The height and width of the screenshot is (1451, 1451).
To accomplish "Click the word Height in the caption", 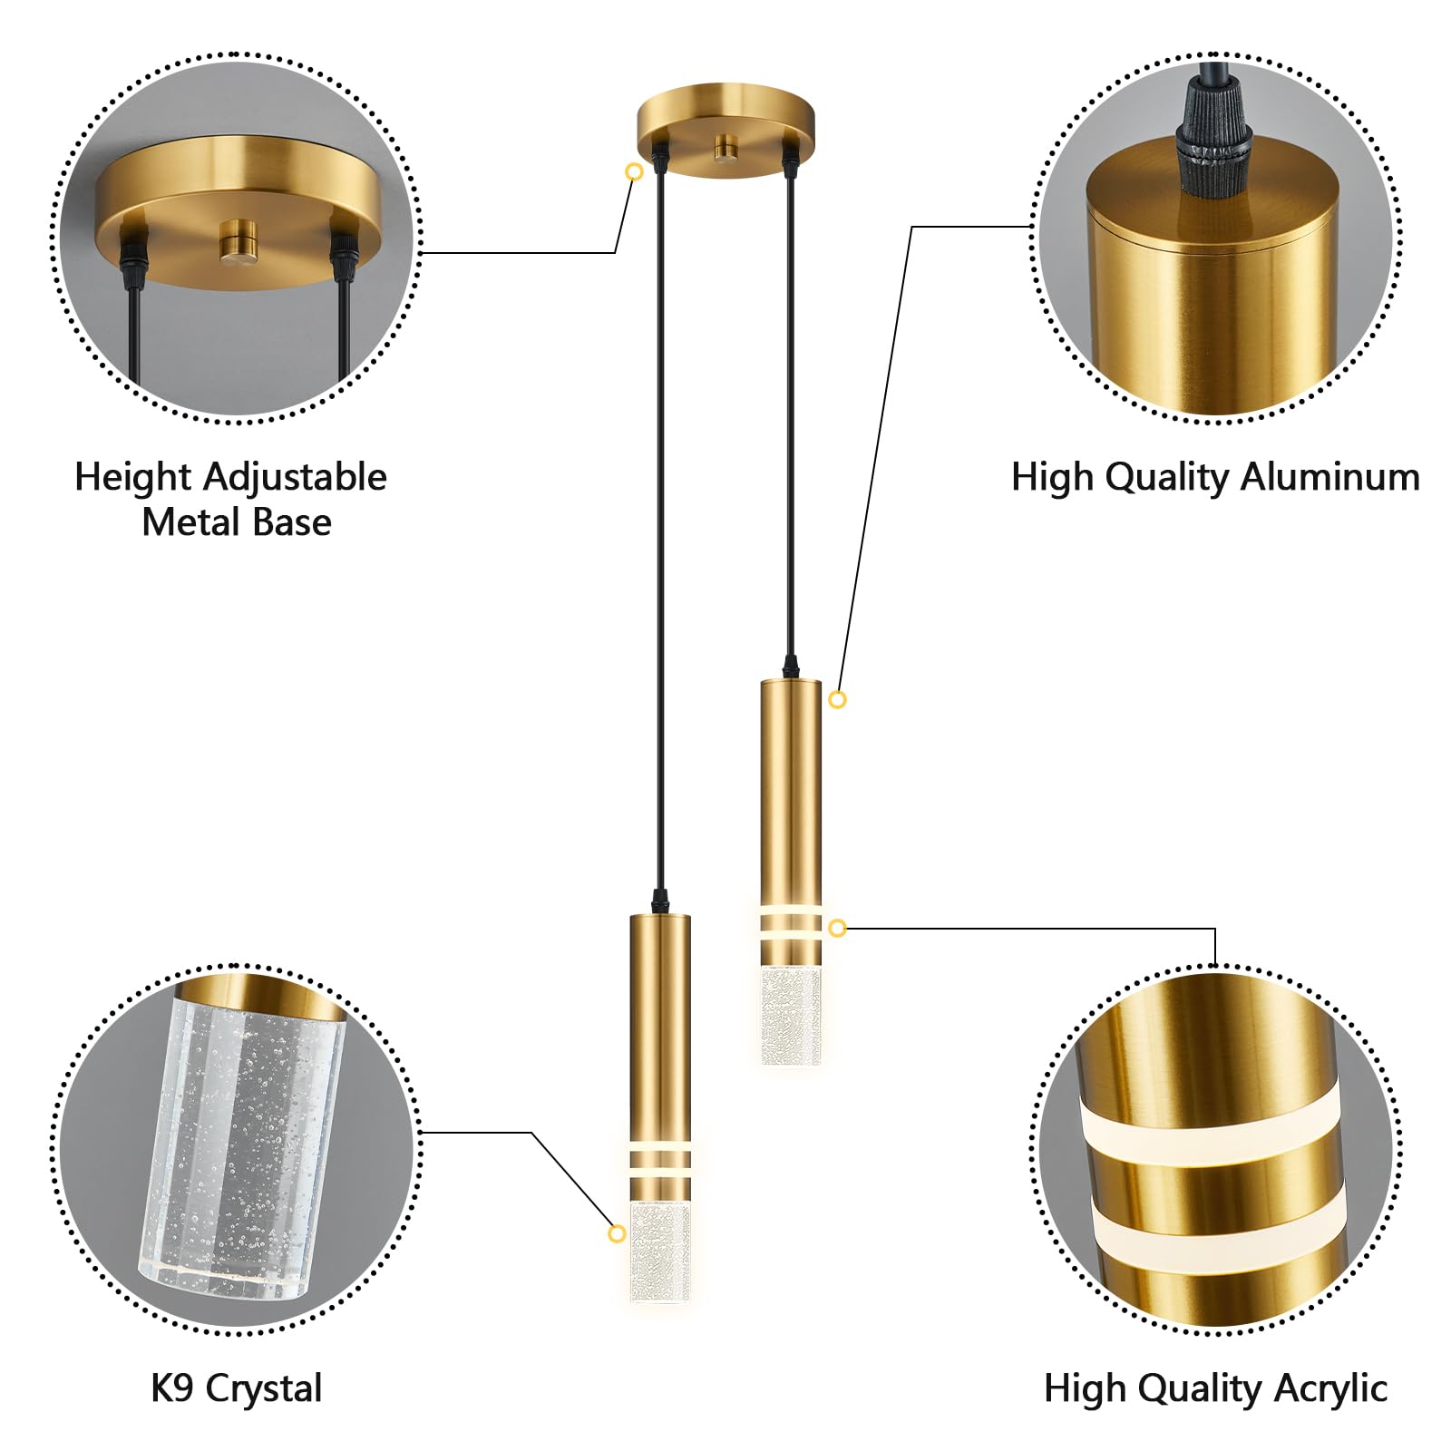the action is [x=132, y=477].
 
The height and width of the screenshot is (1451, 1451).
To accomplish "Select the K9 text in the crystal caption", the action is [x=172, y=1388].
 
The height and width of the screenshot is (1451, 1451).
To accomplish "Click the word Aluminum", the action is [x=1330, y=476].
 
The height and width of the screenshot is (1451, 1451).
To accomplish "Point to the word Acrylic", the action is [x=1330, y=1388].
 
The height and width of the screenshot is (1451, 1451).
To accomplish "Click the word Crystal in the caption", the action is [x=264, y=1388].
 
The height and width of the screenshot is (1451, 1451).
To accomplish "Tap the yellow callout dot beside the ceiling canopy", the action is [x=635, y=171].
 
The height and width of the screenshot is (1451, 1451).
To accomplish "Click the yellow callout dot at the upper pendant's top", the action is [x=837, y=699].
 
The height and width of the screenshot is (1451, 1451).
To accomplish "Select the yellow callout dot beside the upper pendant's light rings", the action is [x=837, y=928].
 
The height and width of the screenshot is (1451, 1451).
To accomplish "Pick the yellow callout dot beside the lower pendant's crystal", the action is [x=617, y=1233].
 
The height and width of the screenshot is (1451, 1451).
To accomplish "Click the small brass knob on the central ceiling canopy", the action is [x=725, y=148].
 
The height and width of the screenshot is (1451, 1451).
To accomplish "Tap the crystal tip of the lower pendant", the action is [x=660, y=1252].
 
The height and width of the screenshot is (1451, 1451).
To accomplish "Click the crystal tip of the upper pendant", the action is [x=791, y=1014].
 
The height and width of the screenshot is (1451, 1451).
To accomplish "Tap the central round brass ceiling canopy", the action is [x=725, y=130].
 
